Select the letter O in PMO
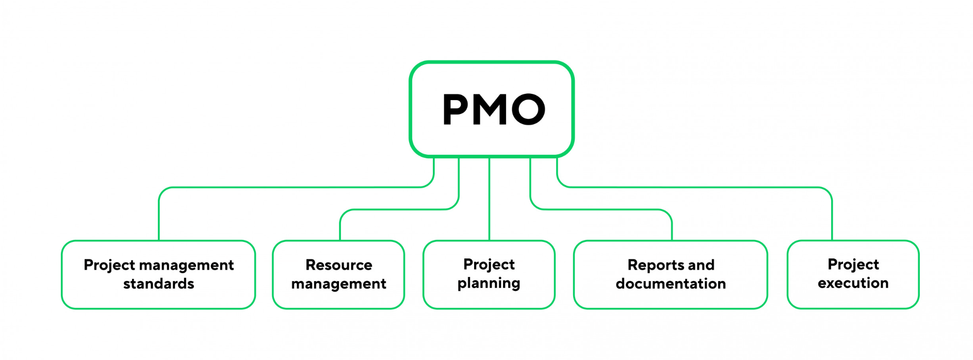(528, 109)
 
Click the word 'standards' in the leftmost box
(158, 284)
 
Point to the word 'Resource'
(338, 265)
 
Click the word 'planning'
(489, 284)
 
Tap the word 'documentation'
(671, 284)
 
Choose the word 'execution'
(853, 283)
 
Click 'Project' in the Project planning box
(489, 265)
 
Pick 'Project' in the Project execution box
(853, 265)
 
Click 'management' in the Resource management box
(338, 284)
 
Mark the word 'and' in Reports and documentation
(701, 265)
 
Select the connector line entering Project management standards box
(159, 217)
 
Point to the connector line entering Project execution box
(832, 217)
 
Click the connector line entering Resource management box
(340, 227)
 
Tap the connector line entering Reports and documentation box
(672, 227)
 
